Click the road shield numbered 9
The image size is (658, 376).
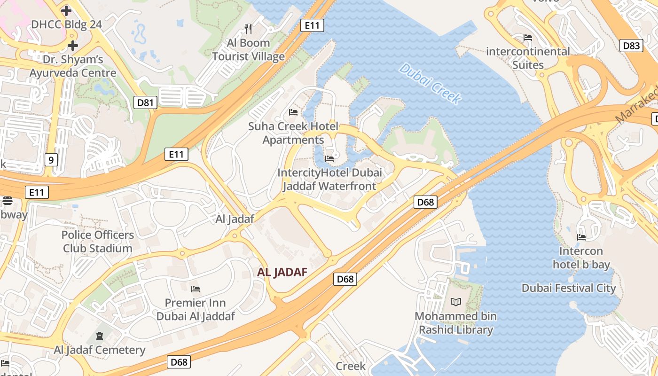[51, 160]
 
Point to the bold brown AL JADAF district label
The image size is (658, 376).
[282, 272]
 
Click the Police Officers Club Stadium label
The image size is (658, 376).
[98, 242]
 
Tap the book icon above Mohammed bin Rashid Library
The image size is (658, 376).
[455, 302]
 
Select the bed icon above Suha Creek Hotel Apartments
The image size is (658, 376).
[293, 112]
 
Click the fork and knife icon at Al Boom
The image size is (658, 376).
[248, 29]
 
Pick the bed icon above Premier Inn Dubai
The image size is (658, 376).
[196, 289]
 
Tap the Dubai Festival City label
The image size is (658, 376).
[569, 288]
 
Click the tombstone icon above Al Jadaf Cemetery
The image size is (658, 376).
[100, 336]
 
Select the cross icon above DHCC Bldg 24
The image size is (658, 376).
[66, 10]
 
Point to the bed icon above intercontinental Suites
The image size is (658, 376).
[528, 38]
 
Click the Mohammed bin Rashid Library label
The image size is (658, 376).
[455, 323]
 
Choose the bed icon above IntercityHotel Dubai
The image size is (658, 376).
[329, 159]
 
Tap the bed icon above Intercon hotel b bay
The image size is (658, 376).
[581, 237]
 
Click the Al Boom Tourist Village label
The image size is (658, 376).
[248, 50]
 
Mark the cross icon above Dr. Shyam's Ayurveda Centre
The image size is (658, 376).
[72, 46]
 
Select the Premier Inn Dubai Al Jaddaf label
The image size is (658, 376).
[196, 309]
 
